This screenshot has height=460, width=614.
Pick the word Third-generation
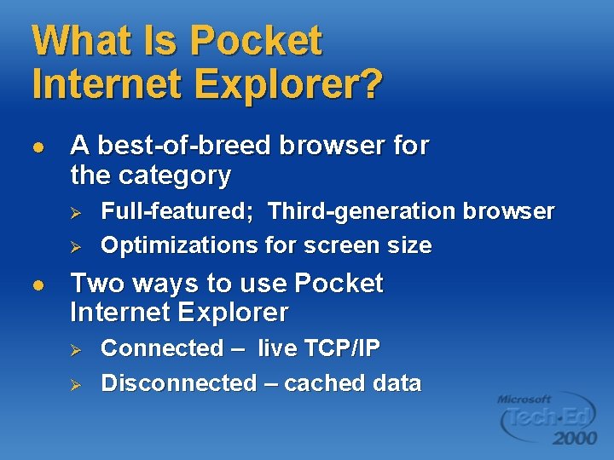pyautogui.click(x=360, y=211)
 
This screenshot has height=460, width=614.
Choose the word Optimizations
pyautogui.click(x=179, y=246)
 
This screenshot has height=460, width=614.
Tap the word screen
pyautogui.click(x=341, y=246)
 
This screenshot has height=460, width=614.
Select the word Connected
pyautogui.click(x=162, y=348)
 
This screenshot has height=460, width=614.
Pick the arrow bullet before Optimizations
pyautogui.click(x=74, y=247)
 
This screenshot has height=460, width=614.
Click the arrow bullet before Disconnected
pyautogui.click(x=74, y=384)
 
